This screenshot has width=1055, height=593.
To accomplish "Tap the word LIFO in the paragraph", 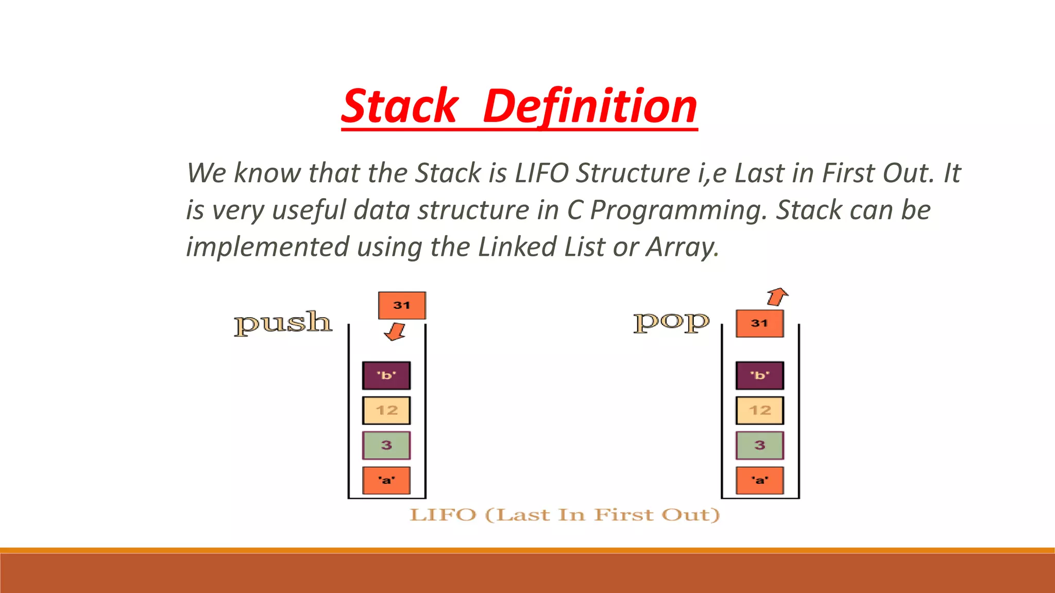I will (542, 173).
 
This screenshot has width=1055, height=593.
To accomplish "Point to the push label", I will (283, 323).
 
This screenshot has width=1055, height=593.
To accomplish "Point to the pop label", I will (671, 322).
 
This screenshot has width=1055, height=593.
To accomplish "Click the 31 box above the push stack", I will (402, 305).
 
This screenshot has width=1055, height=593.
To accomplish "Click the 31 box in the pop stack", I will (759, 323).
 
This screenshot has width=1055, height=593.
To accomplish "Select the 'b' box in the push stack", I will (386, 375).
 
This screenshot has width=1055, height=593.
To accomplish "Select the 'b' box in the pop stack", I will (759, 375).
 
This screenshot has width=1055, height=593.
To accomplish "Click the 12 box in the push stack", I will (386, 410).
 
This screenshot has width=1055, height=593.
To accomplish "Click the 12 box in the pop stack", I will (759, 410).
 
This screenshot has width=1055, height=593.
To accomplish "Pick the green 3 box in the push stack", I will (386, 445).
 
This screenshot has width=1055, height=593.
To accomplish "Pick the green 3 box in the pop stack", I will (759, 445).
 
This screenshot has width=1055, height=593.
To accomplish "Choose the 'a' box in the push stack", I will (386, 480).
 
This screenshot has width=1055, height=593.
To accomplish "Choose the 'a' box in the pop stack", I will (759, 480).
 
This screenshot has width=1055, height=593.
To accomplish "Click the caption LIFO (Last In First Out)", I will (565, 515).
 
